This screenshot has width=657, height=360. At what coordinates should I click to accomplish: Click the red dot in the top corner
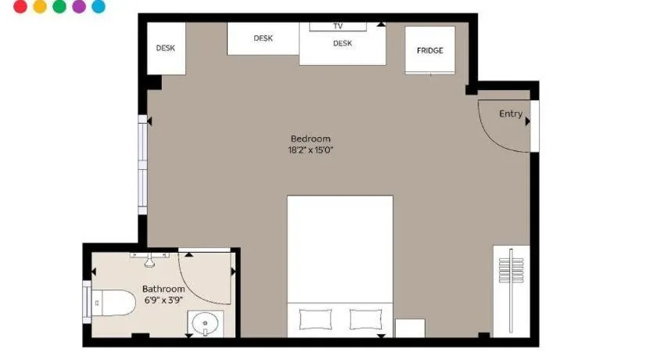(x=20, y=5)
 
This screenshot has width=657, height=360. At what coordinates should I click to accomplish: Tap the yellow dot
(x=40, y=5)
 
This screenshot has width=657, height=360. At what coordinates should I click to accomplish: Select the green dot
(x=59, y=5)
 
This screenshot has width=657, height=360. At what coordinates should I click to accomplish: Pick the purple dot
(x=79, y=5)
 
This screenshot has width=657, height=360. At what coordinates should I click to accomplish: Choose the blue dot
(x=99, y=5)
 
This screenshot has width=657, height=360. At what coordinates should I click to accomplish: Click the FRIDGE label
(x=430, y=50)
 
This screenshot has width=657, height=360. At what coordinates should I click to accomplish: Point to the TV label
(x=338, y=27)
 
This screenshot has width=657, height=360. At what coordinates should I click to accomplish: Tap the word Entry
(x=511, y=113)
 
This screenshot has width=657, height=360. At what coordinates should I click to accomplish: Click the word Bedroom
(x=311, y=139)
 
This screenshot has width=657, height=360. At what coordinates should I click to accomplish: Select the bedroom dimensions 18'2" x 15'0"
(x=311, y=150)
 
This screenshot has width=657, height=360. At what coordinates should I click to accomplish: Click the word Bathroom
(x=163, y=289)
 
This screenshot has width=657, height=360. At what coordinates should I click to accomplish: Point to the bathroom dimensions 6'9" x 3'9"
(x=163, y=300)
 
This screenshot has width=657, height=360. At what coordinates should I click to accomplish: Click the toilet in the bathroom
(x=113, y=302)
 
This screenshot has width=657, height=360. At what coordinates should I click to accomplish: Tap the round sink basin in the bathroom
(x=205, y=323)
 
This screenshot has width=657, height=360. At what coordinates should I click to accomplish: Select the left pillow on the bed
(x=315, y=319)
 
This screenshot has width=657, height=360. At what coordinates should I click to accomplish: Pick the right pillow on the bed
(x=366, y=319)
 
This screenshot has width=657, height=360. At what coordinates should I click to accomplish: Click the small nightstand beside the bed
(x=410, y=328)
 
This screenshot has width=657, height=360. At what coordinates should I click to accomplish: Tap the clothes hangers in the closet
(x=512, y=270)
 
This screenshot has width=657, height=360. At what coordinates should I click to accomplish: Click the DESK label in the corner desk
(x=166, y=49)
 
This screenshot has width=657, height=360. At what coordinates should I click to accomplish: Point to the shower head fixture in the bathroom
(x=149, y=259)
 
